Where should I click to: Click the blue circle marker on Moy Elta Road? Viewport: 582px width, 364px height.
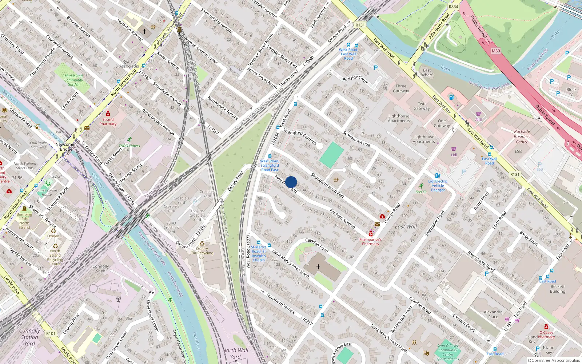pos(291,182)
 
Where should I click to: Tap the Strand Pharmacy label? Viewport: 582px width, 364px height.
pos(108,122)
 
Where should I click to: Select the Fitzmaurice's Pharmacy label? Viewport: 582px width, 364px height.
pos(370,242)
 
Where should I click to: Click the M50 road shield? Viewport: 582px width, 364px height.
pos(496,51)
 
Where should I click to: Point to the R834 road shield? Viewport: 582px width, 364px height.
pos(454,7)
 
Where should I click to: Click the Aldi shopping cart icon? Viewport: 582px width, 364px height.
pos(478,114)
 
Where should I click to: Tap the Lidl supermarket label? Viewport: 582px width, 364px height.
pos(454,155)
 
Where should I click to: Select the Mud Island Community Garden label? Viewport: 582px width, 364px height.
pos(73,80)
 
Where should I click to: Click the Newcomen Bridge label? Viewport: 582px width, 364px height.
pos(66,147)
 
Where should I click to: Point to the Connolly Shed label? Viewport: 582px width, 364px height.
pos(101,269)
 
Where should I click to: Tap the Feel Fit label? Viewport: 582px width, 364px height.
pos(421,192)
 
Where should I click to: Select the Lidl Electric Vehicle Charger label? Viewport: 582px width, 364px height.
pos(438,186)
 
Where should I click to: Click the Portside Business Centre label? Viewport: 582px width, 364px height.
pos(522,136)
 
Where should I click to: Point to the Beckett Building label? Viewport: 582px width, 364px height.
pos(558,289)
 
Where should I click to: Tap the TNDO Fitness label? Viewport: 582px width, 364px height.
pos(129,146)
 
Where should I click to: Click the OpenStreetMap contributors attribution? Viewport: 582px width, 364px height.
pos(554,361)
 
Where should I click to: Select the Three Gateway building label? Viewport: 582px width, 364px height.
pos(401,88)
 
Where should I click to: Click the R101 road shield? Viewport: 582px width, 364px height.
pos(51,333)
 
